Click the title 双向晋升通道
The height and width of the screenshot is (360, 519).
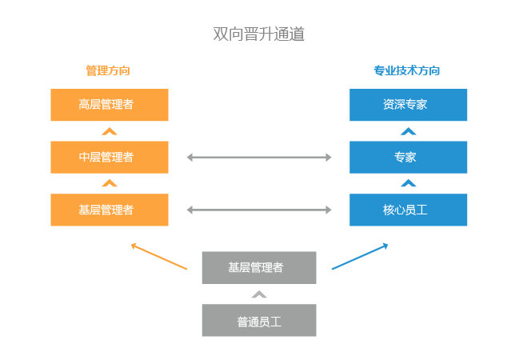(259, 34)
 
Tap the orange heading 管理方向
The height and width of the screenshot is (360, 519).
(108, 70)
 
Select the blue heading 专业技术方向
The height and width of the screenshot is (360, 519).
(407, 70)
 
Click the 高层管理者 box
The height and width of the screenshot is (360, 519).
(110, 105)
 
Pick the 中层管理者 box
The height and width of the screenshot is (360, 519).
(110, 157)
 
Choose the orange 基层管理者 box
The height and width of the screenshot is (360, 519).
(110, 210)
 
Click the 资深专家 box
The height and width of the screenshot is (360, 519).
(408, 105)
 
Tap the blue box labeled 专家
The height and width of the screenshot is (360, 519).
(408, 157)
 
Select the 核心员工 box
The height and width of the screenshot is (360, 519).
(408, 210)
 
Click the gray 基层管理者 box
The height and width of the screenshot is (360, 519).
(258, 267)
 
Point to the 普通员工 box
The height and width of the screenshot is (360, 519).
(258, 321)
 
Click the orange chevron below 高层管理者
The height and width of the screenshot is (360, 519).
(110, 131)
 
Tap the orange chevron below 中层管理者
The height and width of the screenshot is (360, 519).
(110, 183)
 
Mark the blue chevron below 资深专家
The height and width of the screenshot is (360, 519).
(408, 131)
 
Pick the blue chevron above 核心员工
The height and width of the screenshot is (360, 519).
(408, 183)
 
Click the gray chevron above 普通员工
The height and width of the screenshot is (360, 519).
(258, 294)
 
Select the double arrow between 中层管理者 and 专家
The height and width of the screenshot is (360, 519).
(259, 158)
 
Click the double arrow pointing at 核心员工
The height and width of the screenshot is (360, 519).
(259, 210)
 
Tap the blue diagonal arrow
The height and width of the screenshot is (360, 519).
(360, 256)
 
